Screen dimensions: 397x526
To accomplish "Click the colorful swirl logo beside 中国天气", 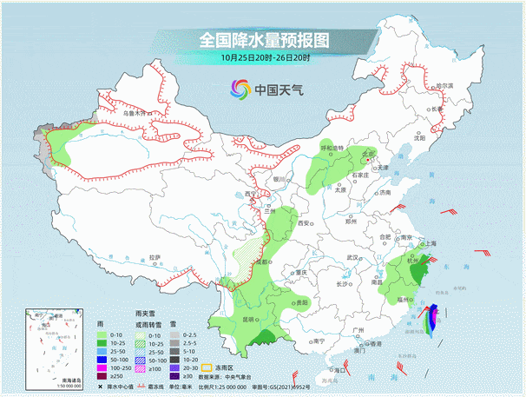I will [240, 89].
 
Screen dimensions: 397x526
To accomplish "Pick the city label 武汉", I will [352, 257].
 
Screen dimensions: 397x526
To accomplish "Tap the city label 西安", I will [304, 223].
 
